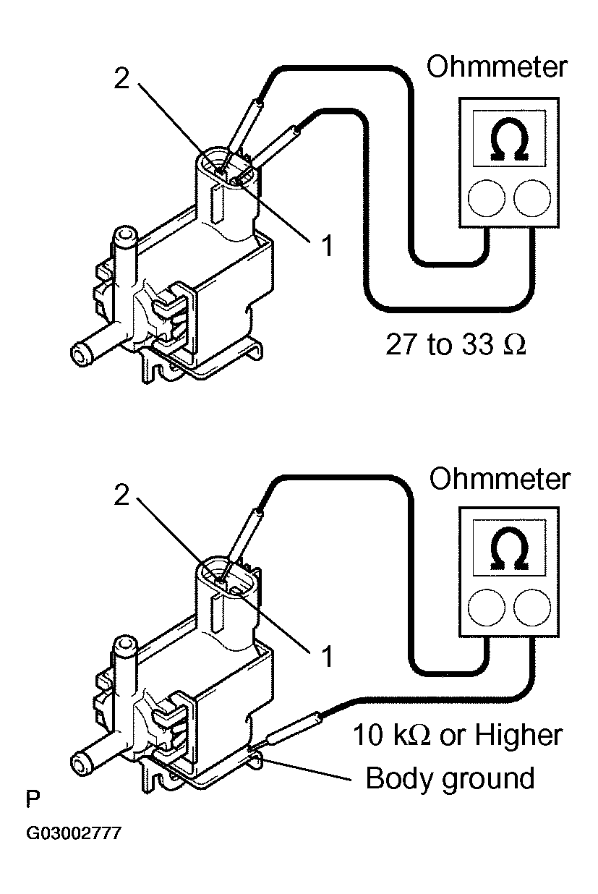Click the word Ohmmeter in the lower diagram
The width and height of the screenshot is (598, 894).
499,478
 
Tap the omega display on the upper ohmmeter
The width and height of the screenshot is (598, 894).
508,140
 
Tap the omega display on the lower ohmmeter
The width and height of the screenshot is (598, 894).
508,552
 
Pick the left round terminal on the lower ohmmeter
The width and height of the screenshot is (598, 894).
484,608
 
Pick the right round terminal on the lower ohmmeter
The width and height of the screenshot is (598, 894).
533,608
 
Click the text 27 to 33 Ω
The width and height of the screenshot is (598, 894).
456,344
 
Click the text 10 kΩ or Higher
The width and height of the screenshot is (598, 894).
457,736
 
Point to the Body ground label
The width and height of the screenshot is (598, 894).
450,778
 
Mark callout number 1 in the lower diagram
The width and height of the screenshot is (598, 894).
327,657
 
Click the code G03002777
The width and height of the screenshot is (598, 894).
73,834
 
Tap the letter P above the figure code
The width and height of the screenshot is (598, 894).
32,800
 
